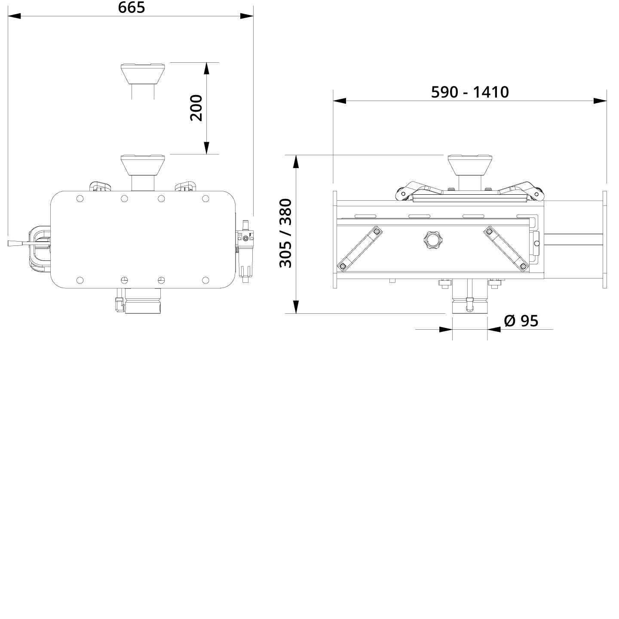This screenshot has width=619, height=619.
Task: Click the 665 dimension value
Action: point(132,7)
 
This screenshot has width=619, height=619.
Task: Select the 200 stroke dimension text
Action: point(196,108)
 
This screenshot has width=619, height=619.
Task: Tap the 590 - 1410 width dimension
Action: point(470,92)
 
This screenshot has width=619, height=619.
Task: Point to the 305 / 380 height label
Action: point(286,233)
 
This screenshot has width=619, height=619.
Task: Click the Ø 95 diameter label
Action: point(521,321)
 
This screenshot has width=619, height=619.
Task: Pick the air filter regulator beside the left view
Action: point(245,249)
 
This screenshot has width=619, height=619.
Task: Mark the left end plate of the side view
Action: point(335,239)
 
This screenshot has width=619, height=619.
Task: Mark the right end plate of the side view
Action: point(605,239)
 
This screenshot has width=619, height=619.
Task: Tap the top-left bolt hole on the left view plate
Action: point(80,199)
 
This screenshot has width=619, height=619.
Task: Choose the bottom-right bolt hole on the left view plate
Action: point(205,280)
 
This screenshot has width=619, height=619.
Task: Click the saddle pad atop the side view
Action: point(469,164)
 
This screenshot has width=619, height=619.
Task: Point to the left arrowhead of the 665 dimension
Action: point(14,16)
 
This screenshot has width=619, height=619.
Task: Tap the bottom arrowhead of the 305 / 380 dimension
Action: point(296,307)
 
